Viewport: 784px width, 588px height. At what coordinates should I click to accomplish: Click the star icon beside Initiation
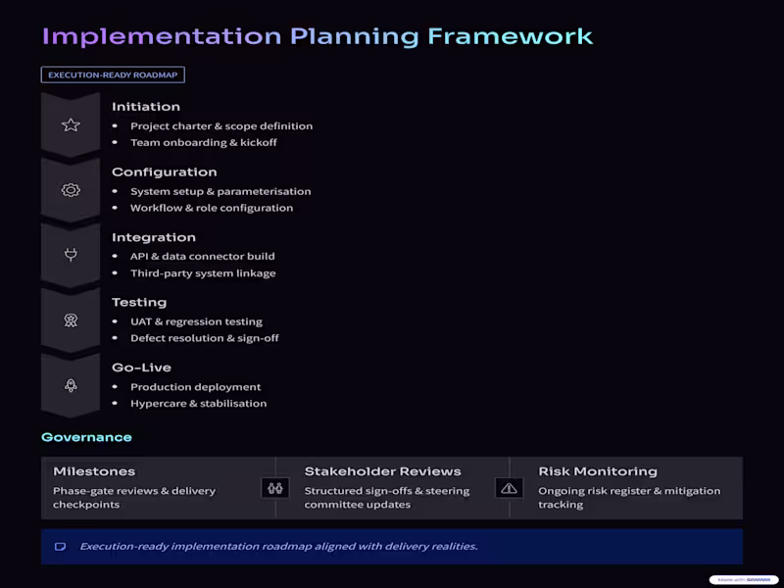coord(71,125)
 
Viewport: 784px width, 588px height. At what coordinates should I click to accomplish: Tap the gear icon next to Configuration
coord(71,190)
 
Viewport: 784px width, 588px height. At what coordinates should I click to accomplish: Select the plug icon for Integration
coord(71,256)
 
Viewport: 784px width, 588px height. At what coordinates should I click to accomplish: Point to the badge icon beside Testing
coord(71,320)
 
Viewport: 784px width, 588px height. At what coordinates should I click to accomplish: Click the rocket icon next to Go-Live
coord(71,386)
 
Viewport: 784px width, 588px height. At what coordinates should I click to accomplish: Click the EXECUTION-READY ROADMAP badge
coord(113,74)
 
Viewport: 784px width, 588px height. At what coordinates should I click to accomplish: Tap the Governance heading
coord(86,437)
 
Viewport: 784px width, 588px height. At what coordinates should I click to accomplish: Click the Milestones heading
coord(94,471)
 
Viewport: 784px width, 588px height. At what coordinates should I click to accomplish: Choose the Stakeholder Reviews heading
coord(382,471)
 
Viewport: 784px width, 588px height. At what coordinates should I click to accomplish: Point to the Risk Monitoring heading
coord(598,471)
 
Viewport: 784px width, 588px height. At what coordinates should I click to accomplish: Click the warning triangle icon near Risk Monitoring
coord(509,487)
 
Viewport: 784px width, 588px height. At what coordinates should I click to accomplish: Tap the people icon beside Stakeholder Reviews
coord(275,487)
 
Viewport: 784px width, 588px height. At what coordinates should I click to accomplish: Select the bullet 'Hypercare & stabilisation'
coord(198,403)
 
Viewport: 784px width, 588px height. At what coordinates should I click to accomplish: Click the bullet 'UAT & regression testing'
coord(196,321)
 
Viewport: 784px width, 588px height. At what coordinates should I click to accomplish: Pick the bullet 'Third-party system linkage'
coord(203,273)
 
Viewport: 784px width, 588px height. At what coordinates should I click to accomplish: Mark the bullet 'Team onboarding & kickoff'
coord(203,142)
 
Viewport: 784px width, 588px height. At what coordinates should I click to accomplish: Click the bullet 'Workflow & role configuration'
coord(211,208)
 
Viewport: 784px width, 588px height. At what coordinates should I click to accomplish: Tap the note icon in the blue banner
coord(60,547)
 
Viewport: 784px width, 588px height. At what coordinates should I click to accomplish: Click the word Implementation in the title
coord(161,37)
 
